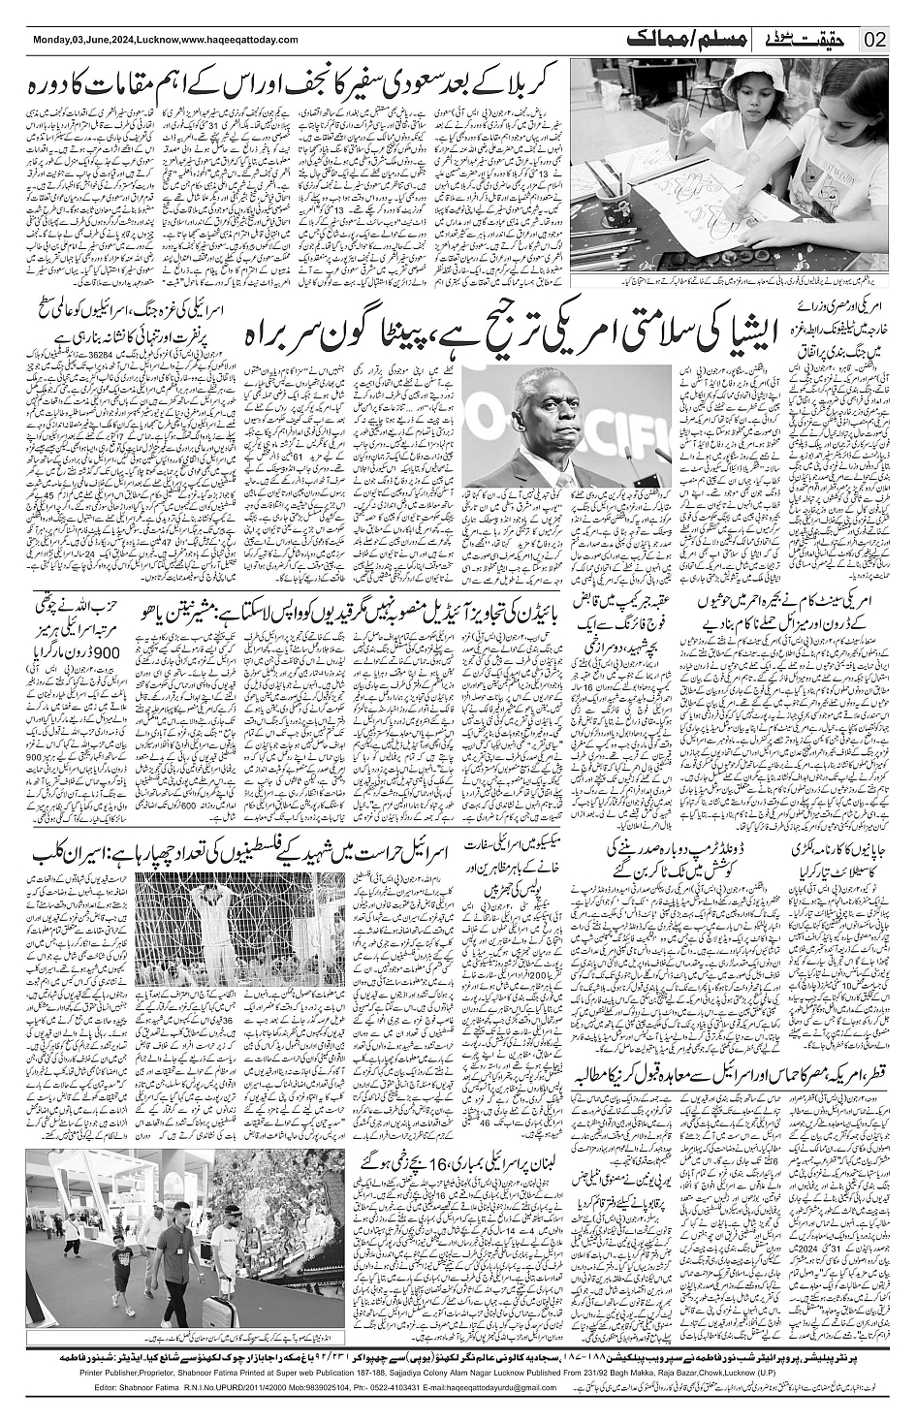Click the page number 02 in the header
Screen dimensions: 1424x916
pos(875,40)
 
